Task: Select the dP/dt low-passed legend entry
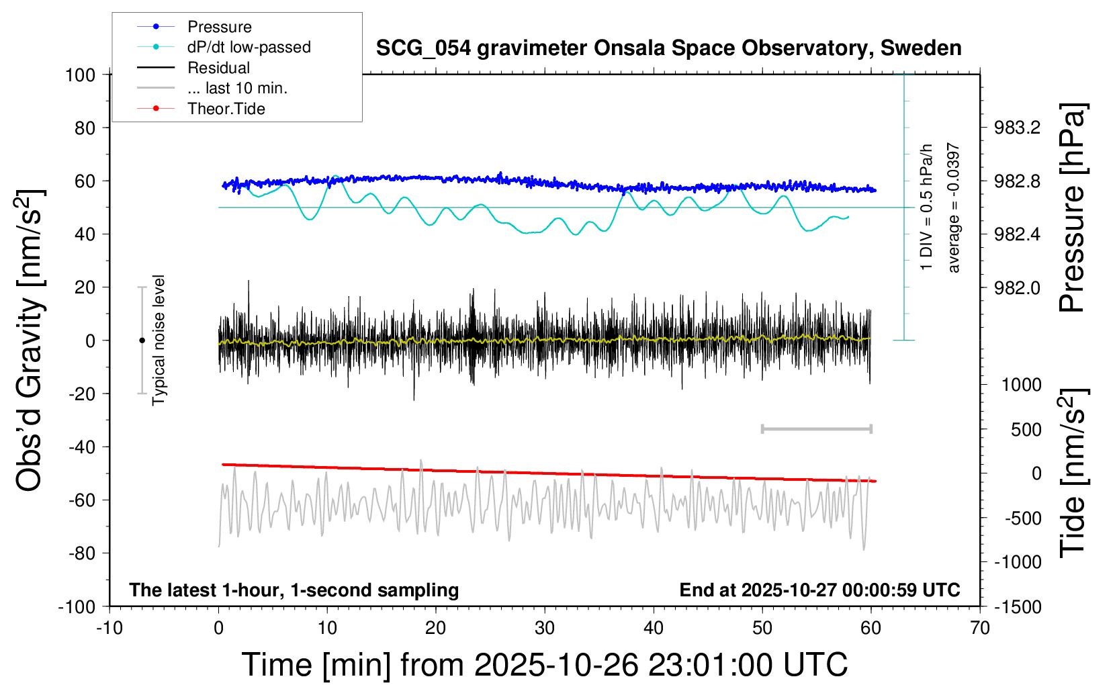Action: [249, 47]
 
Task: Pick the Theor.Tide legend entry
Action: [226, 109]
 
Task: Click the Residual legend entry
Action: [218, 68]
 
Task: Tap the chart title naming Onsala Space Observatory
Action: [668, 48]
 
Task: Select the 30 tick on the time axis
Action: [545, 628]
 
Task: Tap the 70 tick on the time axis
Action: [980, 628]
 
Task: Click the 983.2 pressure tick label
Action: [1017, 128]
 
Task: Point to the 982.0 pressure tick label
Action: [1017, 287]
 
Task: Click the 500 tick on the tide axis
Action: [1026, 430]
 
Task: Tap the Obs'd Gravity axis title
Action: [30, 340]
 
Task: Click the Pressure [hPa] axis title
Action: [1072, 208]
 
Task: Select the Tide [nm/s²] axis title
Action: [1072, 473]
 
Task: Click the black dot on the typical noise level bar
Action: [142, 340]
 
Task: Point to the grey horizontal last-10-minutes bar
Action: [817, 428]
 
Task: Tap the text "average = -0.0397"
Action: [954, 208]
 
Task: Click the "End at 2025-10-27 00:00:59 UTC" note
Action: [819, 590]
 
